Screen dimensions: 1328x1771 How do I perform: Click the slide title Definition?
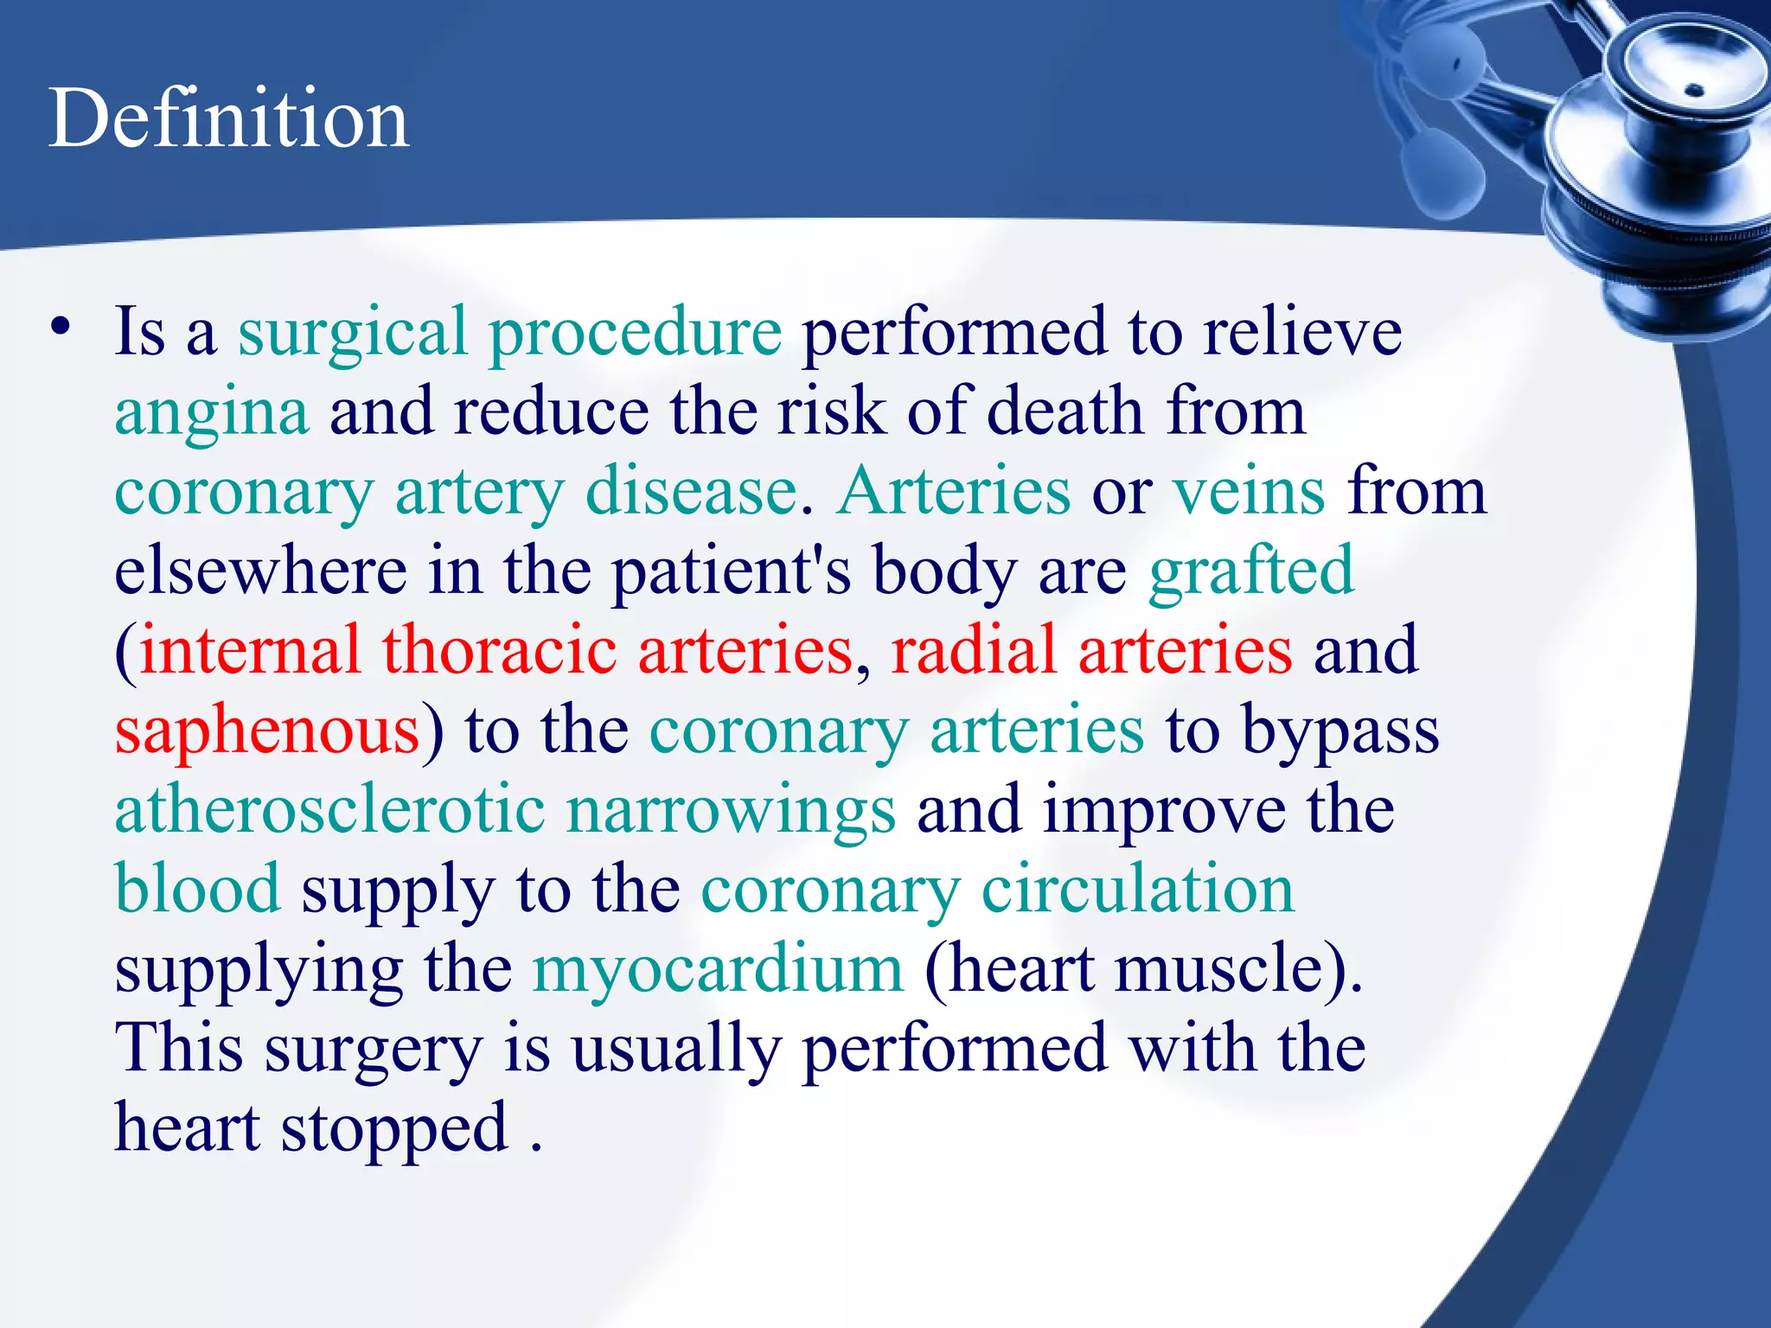228,118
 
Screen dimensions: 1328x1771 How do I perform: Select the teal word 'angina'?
211,413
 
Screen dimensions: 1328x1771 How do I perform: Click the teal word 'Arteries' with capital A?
954,491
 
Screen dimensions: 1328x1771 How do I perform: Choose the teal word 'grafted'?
1250,571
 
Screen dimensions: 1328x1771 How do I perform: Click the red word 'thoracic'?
500,650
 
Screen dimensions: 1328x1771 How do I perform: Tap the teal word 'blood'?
198,889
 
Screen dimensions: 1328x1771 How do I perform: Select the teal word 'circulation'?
1137,889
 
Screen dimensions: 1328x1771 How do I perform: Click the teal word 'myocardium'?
718,970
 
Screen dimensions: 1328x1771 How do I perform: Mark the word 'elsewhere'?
260,571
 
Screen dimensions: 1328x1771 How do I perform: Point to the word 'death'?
1065,412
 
